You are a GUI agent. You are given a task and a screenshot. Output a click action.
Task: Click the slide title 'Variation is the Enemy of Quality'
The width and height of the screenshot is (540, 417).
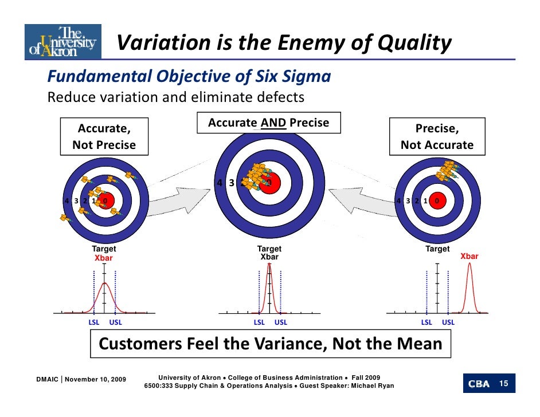tap(284, 43)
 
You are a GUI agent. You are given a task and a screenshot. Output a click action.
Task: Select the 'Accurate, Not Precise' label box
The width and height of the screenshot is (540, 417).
tap(104, 136)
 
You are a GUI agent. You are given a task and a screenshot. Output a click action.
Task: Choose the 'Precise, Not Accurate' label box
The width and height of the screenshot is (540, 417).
tap(437, 136)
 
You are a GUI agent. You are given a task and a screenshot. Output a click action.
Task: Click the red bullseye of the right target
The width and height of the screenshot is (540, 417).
tap(437, 201)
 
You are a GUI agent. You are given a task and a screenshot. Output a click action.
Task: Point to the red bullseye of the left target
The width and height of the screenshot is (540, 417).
tap(105, 201)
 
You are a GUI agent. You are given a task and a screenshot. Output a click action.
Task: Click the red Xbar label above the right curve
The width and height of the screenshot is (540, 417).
tap(469, 257)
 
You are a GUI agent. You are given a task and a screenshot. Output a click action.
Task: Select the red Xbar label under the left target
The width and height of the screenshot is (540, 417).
tap(104, 258)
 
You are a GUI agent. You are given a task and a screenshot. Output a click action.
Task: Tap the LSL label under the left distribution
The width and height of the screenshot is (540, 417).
tap(93, 322)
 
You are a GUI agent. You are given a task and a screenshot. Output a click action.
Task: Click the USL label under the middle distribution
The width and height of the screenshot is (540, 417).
tap(281, 322)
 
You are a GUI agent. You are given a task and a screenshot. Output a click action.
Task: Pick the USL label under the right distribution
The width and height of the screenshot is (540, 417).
tap(448, 322)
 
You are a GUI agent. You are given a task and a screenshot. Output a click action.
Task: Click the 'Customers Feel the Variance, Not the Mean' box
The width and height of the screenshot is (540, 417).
tap(271, 344)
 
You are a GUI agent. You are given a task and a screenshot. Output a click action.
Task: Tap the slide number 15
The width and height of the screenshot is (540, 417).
tap(505, 383)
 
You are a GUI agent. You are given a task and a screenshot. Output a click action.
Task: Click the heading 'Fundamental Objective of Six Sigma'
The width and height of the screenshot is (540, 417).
tap(189, 76)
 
